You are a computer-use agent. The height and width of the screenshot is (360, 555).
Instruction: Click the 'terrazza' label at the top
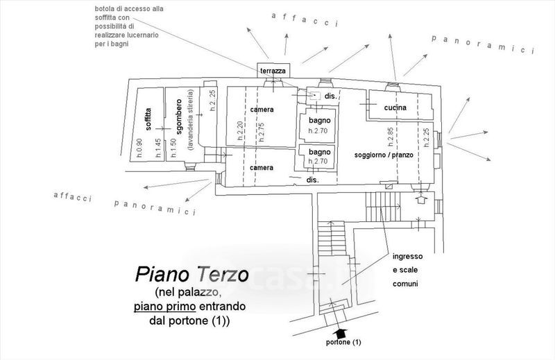coord(273,71)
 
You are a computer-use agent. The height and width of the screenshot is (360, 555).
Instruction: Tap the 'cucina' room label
coord(393,109)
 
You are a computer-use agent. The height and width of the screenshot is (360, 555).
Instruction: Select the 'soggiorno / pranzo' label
coord(384,155)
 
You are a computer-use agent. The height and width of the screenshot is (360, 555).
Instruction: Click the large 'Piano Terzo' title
coord(191,274)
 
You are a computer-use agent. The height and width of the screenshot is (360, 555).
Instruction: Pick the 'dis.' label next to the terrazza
coord(330,96)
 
